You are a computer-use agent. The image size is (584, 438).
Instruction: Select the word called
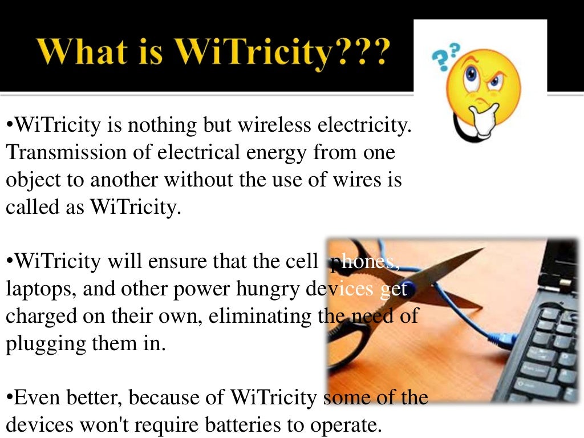31,207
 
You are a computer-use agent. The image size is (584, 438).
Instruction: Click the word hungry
267,289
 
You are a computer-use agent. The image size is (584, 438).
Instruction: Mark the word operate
348,425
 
